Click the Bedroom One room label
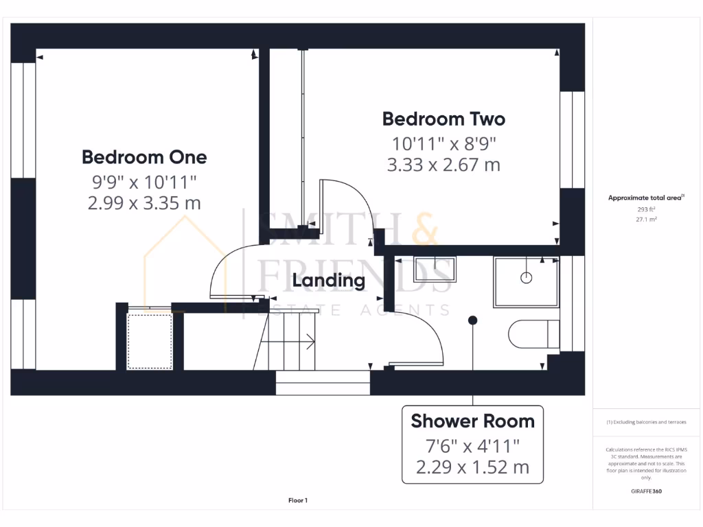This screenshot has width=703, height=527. (x=144, y=157)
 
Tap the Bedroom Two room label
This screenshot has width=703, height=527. (x=443, y=119)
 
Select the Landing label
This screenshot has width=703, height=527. (x=329, y=281)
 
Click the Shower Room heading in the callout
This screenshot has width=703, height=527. (x=472, y=421)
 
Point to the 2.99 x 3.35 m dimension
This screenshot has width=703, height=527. (x=144, y=203)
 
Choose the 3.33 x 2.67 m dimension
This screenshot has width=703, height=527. (x=443, y=165)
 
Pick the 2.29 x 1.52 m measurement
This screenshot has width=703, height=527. (x=472, y=468)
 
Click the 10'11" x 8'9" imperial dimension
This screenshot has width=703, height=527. (x=443, y=143)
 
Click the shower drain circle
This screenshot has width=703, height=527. (x=527, y=278)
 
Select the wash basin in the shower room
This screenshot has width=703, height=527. (x=434, y=268)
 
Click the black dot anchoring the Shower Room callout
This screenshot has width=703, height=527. (x=472, y=320)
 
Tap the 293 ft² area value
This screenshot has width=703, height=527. (x=646, y=210)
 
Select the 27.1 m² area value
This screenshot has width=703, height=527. (x=646, y=220)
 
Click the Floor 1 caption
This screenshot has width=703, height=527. (x=298, y=501)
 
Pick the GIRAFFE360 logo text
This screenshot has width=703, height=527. (x=646, y=491)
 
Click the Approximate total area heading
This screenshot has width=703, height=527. (x=645, y=198)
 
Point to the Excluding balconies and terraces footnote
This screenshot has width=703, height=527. (x=646, y=423)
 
